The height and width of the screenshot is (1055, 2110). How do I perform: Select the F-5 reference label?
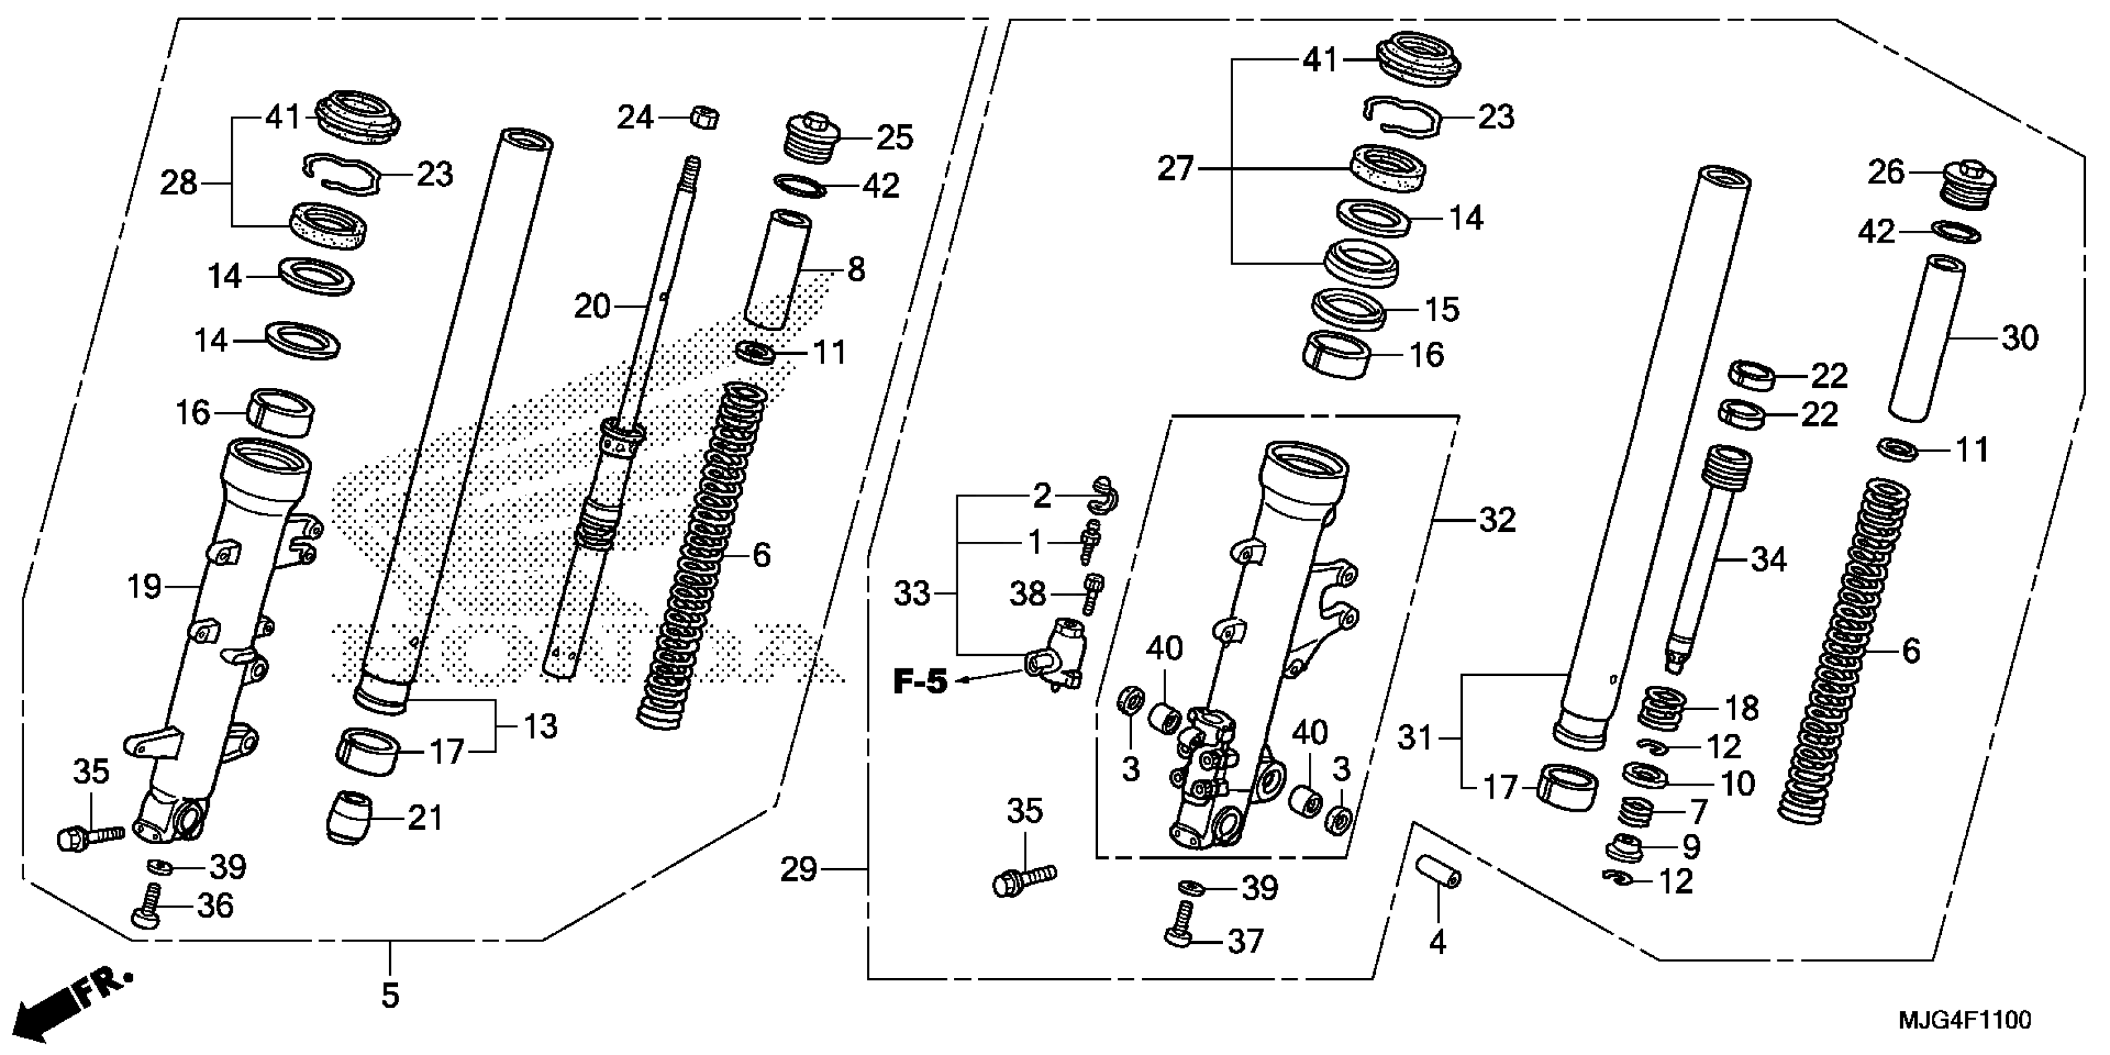[x=919, y=681]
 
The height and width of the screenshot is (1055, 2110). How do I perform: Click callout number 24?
[x=635, y=118]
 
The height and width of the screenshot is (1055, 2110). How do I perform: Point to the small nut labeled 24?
[x=704, y=118]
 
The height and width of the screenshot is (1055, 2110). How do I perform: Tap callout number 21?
[x=424, y=817]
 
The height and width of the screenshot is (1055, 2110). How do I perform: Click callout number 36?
[x=215, y=906]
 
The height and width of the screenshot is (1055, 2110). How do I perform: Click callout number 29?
[x=799, y=869]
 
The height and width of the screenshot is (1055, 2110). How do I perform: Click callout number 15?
[x=1442, y=310]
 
